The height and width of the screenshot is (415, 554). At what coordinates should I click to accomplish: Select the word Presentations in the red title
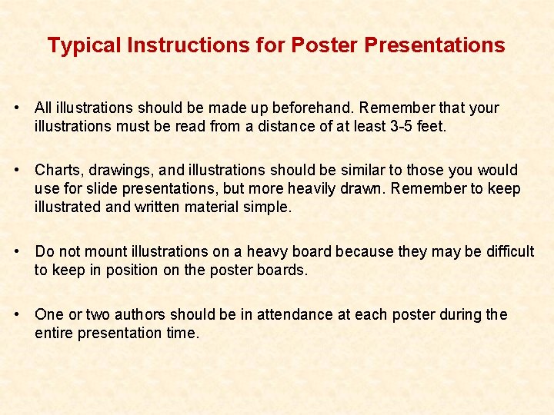(x=435, y=45)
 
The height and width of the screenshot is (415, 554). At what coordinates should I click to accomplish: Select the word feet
(x=429, y=127)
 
